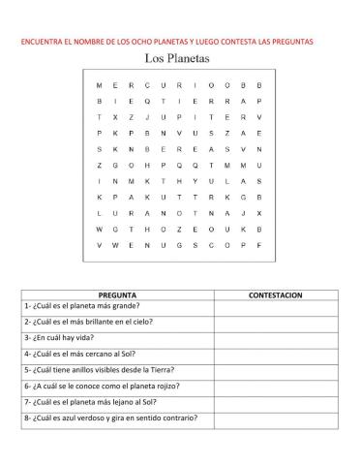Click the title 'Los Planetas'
pos(179,58)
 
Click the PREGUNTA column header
pos(116,294)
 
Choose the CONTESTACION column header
pos(276,294)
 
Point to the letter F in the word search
pos(259,244)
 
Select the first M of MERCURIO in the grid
pos(100,85)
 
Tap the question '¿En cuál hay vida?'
pos(64,338)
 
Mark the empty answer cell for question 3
pos(276,338)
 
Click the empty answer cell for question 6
pos(276,386)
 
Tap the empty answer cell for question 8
pos(276,418)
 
